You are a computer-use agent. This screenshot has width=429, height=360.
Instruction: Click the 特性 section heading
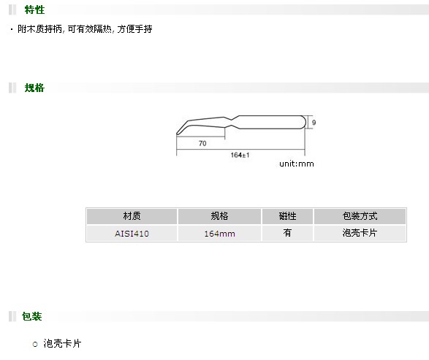click(x=34, y=9)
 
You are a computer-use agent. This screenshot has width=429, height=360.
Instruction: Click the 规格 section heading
click(x=34, y=88)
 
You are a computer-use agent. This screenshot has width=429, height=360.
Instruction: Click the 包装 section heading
click(x=31, y=316)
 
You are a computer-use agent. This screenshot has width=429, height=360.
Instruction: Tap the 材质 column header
click(x=132, y=216)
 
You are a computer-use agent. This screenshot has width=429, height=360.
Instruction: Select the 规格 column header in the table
click(x=219, y=216)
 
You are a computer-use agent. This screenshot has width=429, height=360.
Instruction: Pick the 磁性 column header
click(x=287, y=216)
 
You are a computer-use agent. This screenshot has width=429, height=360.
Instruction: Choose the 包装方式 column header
click(x=360, y=216)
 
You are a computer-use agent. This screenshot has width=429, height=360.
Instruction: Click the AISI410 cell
click(x=132, y=234)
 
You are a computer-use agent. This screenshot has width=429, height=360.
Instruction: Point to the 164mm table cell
click(x=219, y=234)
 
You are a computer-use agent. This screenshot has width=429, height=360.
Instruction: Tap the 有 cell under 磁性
click(x=287, y=233)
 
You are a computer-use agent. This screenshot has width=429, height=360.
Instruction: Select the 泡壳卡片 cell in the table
click(x=360, y=233)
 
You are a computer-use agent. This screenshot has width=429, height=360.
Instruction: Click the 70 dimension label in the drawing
click(x=202, y=143)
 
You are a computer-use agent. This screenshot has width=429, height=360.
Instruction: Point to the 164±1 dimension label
click(x=240, y=155)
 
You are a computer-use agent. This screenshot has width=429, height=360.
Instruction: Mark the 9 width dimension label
click(x=314, y=123)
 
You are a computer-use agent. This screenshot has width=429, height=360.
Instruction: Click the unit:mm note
click(x=297, y=164)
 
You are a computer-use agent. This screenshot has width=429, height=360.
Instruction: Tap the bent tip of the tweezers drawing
click(x=178, y=134)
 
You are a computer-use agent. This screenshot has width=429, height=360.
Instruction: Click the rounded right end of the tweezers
click(x=305, y=122)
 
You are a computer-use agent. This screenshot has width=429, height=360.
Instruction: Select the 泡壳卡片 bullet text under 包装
click(x=62, y=344)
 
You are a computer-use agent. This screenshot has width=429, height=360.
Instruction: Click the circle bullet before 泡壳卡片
click(x=35, y=344)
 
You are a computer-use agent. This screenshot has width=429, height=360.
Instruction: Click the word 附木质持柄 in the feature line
click(x=40, y=29)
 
